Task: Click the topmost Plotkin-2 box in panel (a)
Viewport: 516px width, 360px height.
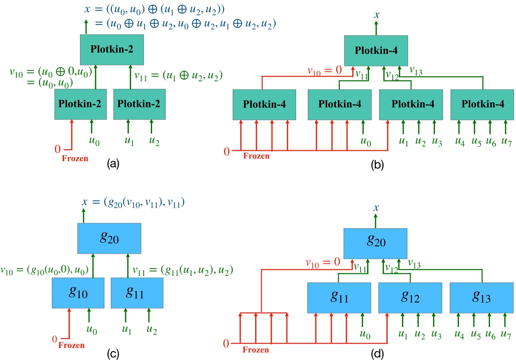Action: point(112,49)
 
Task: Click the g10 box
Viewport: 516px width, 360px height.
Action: point(78,293)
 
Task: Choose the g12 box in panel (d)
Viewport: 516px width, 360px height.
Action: point(410,298)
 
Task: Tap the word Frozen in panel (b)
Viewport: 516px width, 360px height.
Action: point(256,156)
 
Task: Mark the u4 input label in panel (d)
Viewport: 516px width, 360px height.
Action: point(459,333)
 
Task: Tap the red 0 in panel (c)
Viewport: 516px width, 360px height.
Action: point(55,340)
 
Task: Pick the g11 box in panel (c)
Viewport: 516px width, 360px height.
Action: point(136,293)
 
